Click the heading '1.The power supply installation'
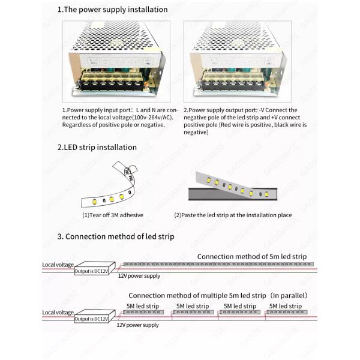112,10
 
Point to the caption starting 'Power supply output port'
245,121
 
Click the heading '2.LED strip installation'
97,147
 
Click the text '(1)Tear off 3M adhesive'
112,215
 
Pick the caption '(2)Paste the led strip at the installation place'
233,215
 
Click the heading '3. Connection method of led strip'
116,236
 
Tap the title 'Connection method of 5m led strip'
252,256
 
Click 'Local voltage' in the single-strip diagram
58,265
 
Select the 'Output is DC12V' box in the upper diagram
91,270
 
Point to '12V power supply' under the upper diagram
139,276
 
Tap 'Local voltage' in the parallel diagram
58,313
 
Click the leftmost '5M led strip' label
143,306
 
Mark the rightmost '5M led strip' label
286,306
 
